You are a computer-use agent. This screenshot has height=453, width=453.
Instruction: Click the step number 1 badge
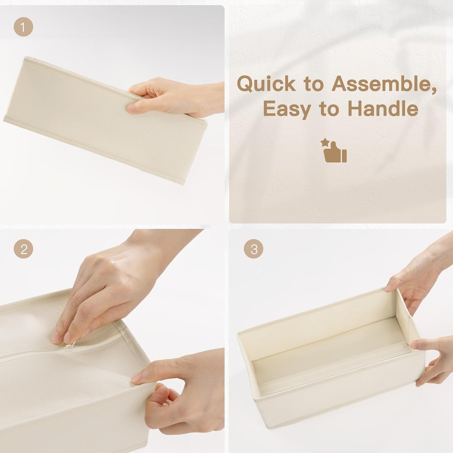[23, 27]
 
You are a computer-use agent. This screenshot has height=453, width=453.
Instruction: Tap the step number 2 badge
[23, 249]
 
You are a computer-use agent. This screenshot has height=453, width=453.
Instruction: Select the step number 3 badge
[253, 249]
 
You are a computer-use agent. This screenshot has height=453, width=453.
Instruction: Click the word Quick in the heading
[266, 84]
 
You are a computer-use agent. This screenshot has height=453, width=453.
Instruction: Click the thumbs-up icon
[335, 152]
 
